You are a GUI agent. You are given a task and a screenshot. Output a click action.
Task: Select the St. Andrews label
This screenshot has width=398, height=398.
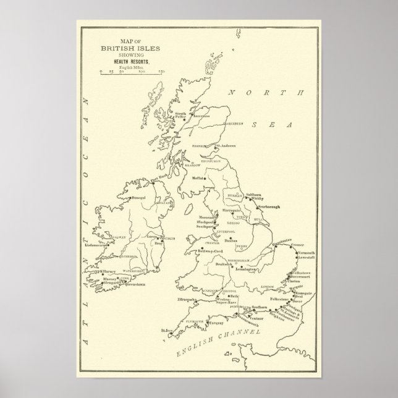click(226, 146)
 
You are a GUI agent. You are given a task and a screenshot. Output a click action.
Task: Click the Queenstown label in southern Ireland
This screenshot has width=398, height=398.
click(132, 284)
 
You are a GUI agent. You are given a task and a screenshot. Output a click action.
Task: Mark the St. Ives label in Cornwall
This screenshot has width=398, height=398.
click(165, 331)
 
